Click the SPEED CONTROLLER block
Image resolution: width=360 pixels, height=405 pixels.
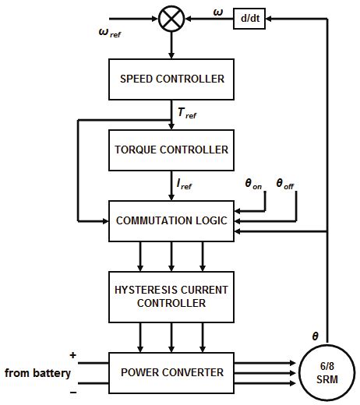tap(171, 79)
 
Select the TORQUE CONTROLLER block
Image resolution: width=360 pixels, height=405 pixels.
tap(171, 149)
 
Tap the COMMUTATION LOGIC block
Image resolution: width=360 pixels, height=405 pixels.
tap(171, 220)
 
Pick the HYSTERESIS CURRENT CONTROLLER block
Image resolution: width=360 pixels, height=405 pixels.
tap(171, 296)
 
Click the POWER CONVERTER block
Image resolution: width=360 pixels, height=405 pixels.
tap(171, 372)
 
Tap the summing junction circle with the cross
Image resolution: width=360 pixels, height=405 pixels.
tap(171, 19)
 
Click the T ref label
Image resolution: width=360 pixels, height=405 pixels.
tap(187, 114)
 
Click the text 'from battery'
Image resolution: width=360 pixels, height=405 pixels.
tap(37, 373)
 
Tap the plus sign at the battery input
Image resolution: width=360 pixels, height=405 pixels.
tap(73, 355)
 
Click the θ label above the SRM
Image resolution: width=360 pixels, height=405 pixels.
tap(315, 336)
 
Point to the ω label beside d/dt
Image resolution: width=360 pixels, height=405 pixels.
tap(217, 12)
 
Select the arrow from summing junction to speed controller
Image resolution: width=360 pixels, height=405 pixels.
tap(171, 47)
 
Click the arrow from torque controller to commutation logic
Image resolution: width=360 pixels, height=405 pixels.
tap(171, 187)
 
